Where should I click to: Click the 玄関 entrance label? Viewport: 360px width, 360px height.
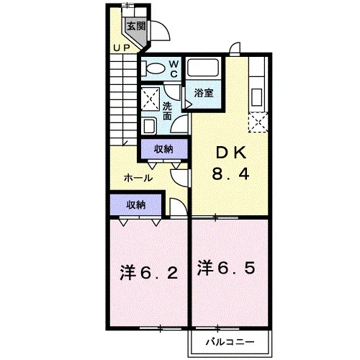[136, 26]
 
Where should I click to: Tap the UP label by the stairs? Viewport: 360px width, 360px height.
[122, 48]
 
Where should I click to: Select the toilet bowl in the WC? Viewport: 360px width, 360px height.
[156, 68]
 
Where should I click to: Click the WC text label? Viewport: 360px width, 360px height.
[174, 69]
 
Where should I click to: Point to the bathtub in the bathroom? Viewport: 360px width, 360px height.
[203, 67]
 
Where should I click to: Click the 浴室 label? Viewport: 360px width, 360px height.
[204, 93]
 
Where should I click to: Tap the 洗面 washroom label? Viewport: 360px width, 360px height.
[167, 111]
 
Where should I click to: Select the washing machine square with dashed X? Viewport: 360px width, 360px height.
[150, 99]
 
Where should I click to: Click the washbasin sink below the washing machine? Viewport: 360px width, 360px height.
[149, 126]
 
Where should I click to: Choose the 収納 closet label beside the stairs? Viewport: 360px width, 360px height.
[163, 149]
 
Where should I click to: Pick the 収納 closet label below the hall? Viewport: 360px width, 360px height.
[136, 205]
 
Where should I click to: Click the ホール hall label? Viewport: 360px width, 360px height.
[138, 178]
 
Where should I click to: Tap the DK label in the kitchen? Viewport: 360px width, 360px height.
[231, 153]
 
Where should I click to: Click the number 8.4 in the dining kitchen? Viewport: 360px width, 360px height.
[231, 174]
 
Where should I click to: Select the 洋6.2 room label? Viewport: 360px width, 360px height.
[149, 273]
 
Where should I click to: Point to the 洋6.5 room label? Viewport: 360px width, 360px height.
[226, 268]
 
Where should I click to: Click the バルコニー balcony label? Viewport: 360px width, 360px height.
[230, 342]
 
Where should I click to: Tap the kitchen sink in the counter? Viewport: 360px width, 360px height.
[256, 97]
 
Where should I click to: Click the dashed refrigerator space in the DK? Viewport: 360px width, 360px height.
[258, 122]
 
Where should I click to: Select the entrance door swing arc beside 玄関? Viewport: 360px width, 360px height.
[165, 27]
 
